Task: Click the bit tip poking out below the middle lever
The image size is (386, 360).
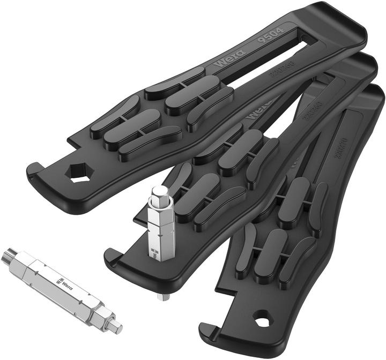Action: pyautogui.click(x=160, y=297)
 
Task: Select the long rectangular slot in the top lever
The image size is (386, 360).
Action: pyautogui.click(x=268, y=62)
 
